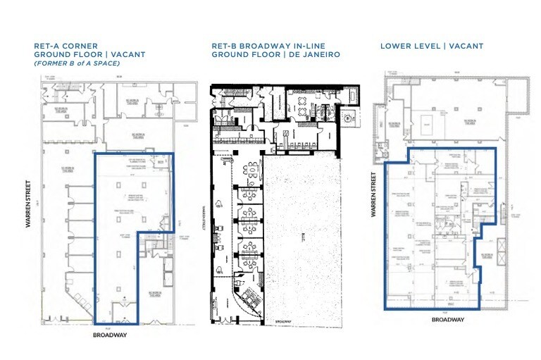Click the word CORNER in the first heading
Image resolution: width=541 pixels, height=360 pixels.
point(85,46)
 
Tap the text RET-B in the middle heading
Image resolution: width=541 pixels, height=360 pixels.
point(224,46)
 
